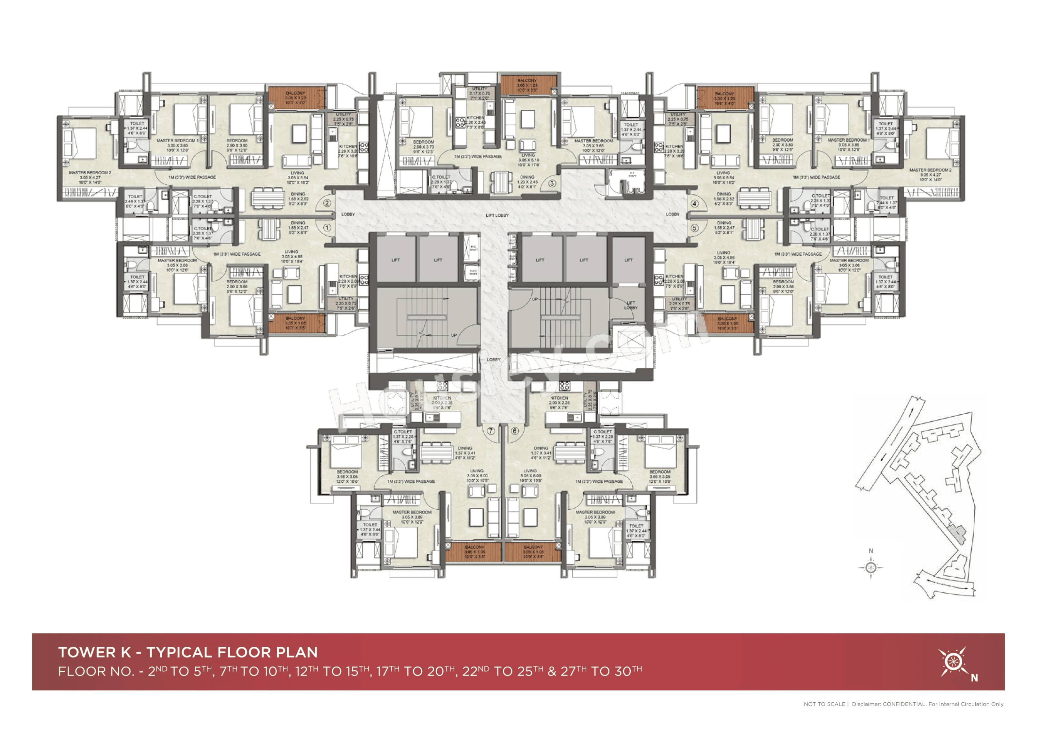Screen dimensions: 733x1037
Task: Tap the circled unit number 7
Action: pos(491,431)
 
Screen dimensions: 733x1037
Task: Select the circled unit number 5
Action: pos(695,228)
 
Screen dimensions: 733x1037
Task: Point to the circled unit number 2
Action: pos(327,203)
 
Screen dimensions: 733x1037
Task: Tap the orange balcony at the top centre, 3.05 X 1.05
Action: pos(527,85)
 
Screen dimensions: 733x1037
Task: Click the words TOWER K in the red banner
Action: pos(94,652)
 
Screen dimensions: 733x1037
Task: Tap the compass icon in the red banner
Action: pos(952,662)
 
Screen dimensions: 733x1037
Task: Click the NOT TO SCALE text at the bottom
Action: pos(824,704)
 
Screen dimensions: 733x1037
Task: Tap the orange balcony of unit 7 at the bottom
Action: pos(474,552)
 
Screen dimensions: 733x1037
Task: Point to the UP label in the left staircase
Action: pos(453,335)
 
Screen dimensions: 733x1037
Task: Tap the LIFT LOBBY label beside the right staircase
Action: pos(630,305)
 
